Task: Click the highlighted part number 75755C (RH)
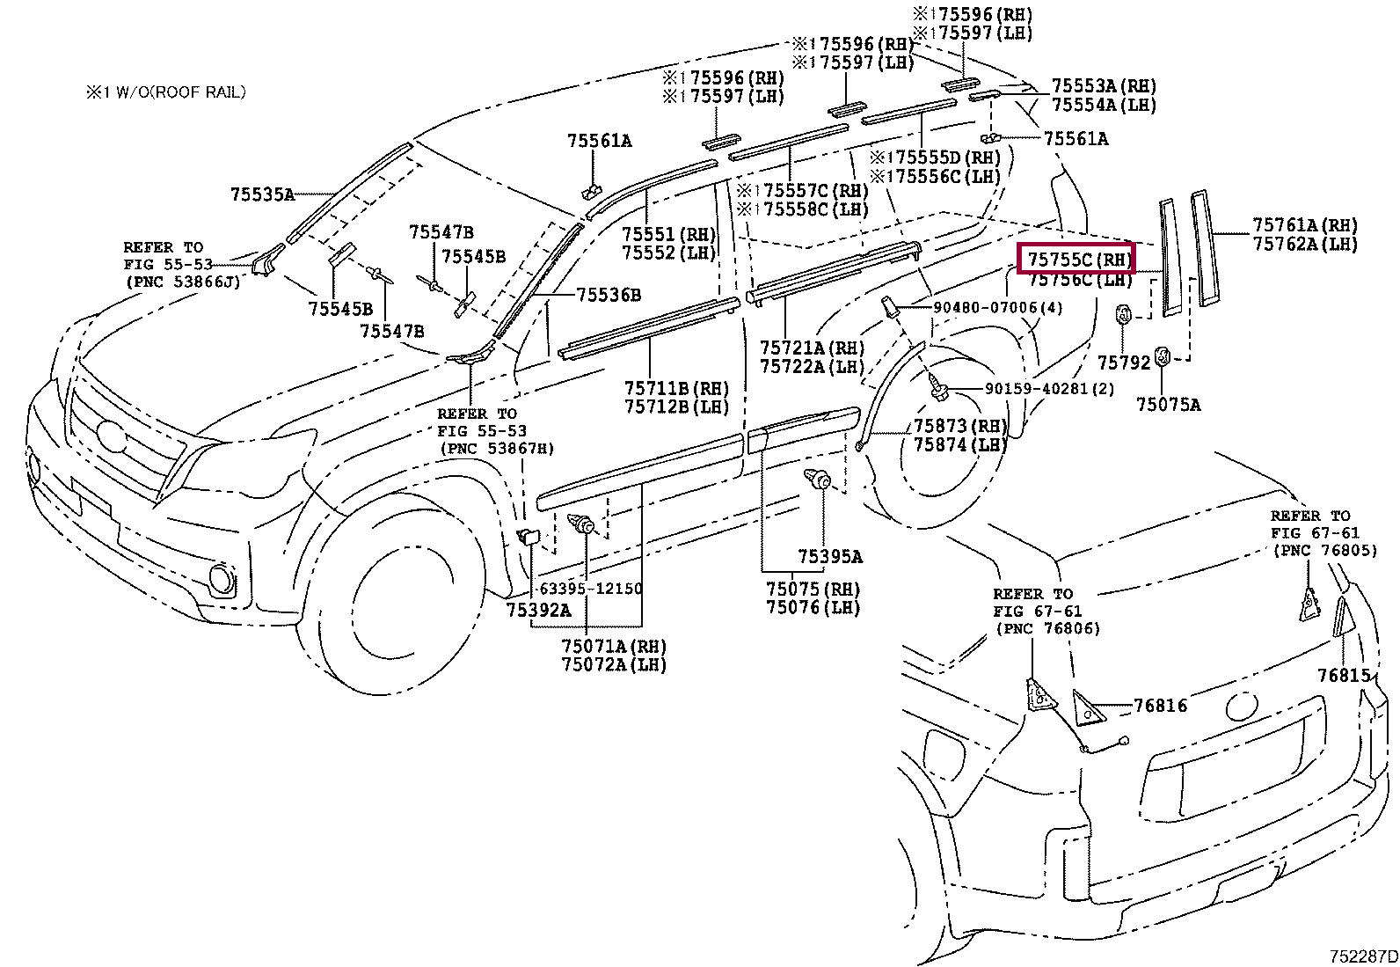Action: point(1076,259)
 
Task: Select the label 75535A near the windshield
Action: point(262,194)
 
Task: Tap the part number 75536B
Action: point(609,295)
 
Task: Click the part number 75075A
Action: point(1168,404)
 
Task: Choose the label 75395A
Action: point(830,556)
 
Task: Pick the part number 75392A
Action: point(538,609)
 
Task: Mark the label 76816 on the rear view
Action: point(1160,706)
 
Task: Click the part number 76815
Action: point(1344,675)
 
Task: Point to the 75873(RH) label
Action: point(960,426)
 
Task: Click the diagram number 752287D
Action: point(1362,956)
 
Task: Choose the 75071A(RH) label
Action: point(614,646)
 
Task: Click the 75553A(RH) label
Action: point(1104,86)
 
